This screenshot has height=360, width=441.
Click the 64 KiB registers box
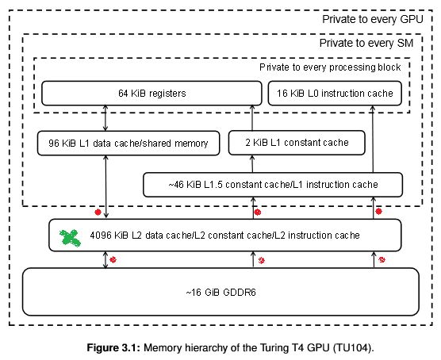(x=151, y=94)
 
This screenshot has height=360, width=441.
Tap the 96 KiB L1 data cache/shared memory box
(x=128, y=143)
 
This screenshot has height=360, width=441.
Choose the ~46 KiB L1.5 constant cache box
(x=272, y=185)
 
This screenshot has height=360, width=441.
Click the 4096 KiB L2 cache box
(x=224, y=235)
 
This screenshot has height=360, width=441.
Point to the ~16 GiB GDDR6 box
(x=220, y=292)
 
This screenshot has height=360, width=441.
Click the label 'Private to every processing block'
(x=330, y=67)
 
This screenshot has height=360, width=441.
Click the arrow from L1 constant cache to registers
(x=253, y=118)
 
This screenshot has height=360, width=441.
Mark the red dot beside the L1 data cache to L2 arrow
(x=98, y=213)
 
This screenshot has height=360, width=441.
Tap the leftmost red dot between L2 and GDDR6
(x=113, y=259)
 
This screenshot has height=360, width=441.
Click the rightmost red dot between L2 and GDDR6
(x=382, y=260)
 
